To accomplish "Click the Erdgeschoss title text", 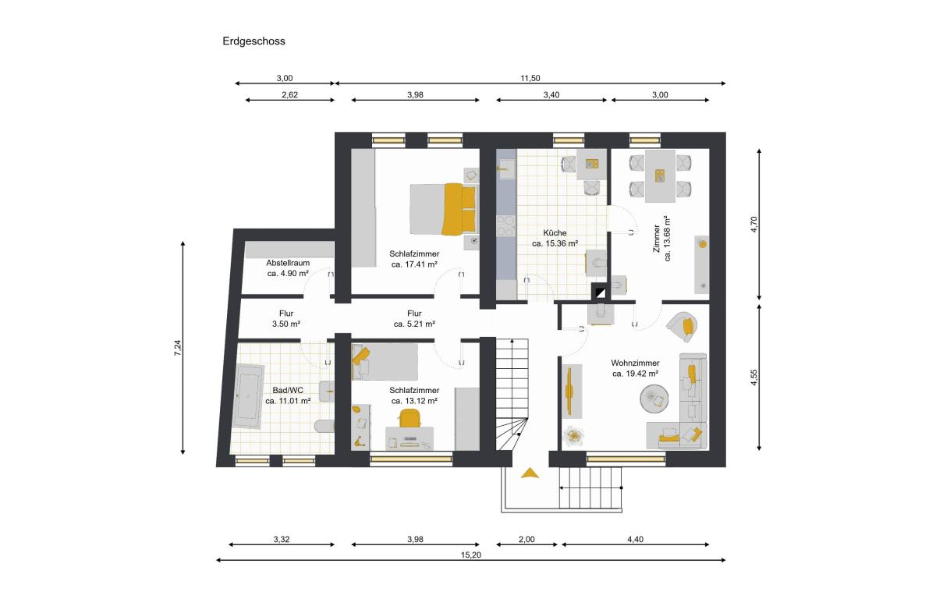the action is click(253, 41).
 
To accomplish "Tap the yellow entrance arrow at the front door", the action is click(530, 473).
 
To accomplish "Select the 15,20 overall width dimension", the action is click(471, 555).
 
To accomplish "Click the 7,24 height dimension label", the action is click(178, 348).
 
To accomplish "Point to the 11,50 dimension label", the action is click(530, 78).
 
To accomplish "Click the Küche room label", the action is click(555, 232).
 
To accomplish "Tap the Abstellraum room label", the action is click(288, 263).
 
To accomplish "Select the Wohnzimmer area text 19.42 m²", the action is click(635, 374).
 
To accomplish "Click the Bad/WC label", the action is click(288, 390).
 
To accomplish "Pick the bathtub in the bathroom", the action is click(248, 396).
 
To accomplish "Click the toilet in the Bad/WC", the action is click(324, 426).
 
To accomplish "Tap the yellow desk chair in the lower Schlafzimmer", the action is click(409, 419).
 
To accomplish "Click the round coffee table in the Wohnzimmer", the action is click(654, 399).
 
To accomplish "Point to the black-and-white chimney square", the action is click(601, 292).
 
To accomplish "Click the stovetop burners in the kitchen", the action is click(506, 225).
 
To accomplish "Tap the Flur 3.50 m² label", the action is click(286, 318).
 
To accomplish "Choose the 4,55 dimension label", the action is click(754, 377).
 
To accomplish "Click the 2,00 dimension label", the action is click(526, 539).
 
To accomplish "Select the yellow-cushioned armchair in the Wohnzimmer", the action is click(682, 327).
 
